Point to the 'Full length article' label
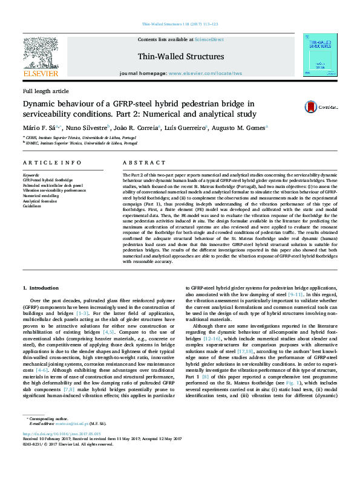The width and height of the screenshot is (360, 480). click(x=46, y=91)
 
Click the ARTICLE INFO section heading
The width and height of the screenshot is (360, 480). click(x=52, y=163)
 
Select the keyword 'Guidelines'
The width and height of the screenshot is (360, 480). click(x=33, y=206)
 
